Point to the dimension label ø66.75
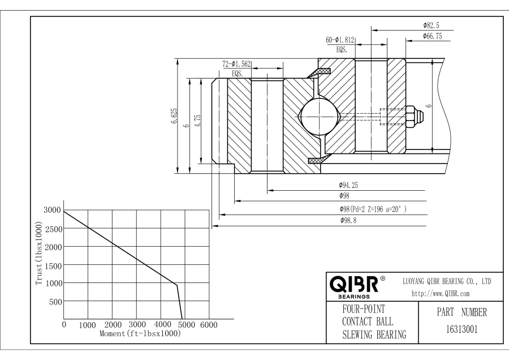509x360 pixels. click(432, 36)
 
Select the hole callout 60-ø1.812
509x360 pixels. click(340, 40)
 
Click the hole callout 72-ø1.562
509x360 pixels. click(236, 65)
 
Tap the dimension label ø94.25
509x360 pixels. click(348, 185)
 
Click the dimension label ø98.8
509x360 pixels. click(348, 221)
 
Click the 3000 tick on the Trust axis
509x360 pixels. click(52, 211)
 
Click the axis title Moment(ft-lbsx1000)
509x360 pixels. click(140, 333)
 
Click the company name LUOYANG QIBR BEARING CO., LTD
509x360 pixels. click(446, 281)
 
